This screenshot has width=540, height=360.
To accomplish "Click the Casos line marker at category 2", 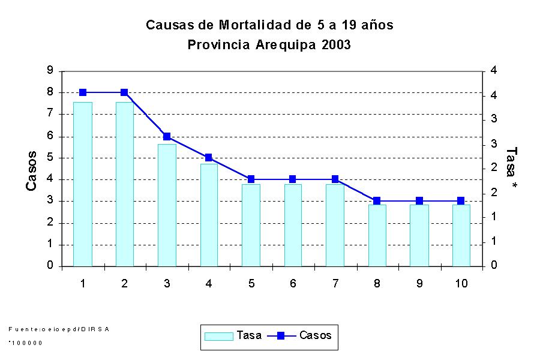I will coord(124,92).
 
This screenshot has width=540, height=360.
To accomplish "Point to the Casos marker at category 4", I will coord(208,158).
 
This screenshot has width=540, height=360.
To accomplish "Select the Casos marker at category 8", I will coord(377,201).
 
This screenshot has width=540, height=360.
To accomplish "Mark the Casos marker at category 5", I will coord(251,179).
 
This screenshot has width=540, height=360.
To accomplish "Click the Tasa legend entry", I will coord(233,335).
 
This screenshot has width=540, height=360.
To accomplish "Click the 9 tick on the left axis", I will coord(50,71).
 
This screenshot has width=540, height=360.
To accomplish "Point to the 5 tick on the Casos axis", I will coord(50,158).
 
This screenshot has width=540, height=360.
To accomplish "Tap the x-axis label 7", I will coord(335,283).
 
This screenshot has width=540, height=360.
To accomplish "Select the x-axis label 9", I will coord(419,283).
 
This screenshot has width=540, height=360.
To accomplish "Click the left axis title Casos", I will coord(32,171).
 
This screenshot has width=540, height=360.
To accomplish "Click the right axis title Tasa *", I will coord(511,169).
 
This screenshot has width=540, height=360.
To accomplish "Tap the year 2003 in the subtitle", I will coord(335,45).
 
